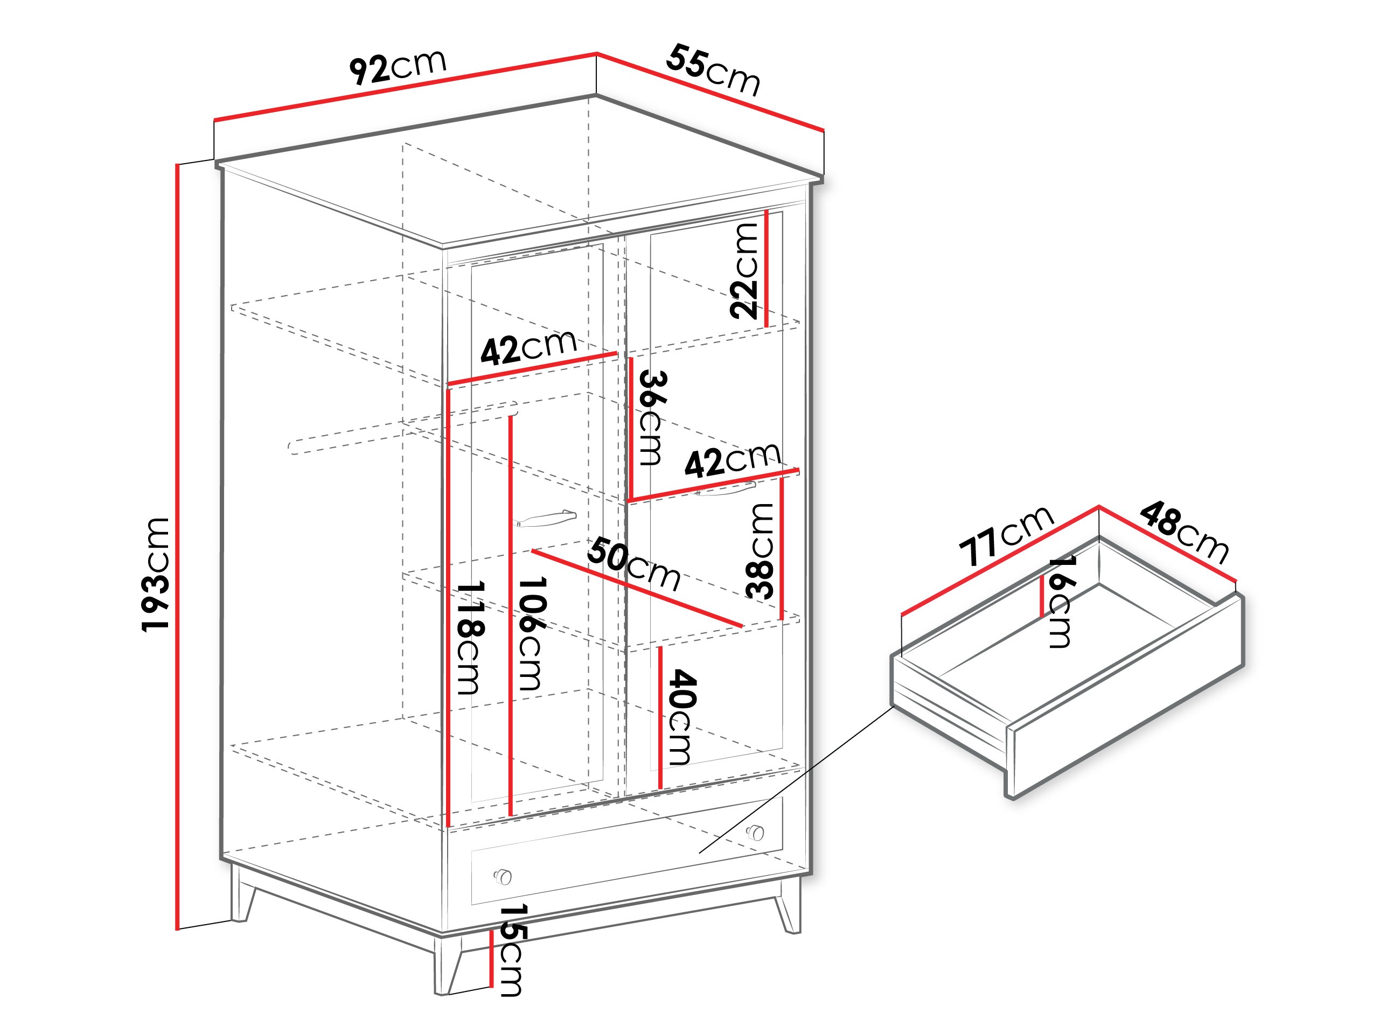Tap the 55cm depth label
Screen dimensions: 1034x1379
pos(713,70)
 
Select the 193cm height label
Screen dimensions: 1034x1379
pos(155,574)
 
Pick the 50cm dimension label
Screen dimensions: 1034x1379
pos(633,564)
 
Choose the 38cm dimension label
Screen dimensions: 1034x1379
pos(761,551)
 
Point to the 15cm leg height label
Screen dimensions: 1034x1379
pos(511,950)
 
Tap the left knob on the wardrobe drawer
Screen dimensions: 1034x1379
pos(503,877)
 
